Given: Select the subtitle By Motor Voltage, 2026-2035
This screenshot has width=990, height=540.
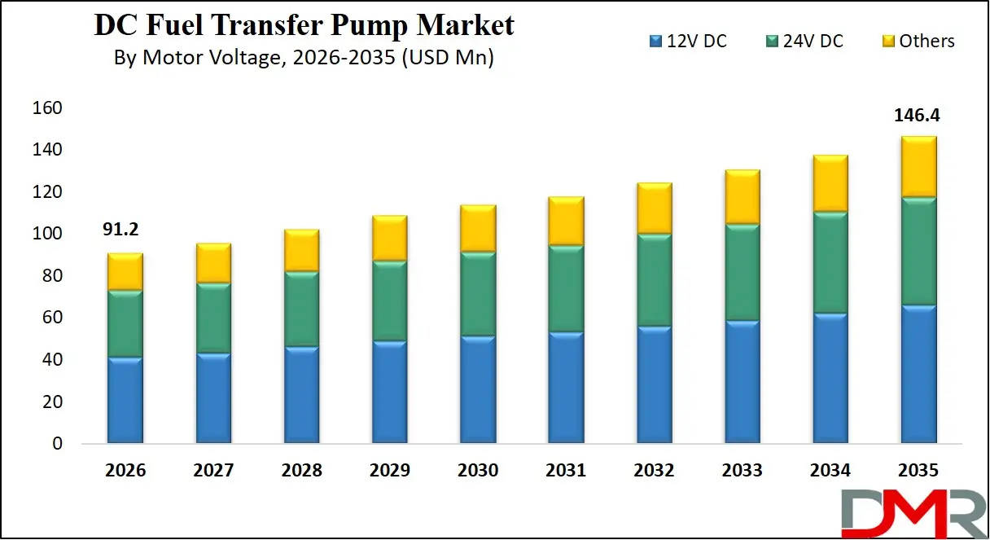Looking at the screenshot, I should tap(304, 58).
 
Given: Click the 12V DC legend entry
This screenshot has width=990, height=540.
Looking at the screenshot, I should tap(688, 41).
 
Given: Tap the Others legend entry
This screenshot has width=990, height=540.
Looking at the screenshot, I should tap(918, 41).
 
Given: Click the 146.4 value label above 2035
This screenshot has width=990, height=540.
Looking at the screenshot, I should tap(917, 116).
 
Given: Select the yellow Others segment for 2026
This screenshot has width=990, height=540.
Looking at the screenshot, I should tap(125, 271).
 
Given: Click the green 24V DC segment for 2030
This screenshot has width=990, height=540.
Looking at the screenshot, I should tap(478, 294).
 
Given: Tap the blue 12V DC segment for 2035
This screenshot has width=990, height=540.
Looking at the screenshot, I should tap(918, 374).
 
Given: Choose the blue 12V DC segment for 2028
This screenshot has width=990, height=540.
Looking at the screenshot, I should tap(301, 395).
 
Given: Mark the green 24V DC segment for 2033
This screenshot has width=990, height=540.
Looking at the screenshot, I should tap(742, 273).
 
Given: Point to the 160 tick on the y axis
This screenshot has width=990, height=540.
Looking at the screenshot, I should tap(46, 108).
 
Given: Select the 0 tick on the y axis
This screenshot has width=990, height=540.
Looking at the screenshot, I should tap(57, 444).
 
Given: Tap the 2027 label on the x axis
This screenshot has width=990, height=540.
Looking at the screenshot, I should tap(213, 471).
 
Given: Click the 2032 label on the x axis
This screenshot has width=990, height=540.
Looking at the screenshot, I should tap(654, 471).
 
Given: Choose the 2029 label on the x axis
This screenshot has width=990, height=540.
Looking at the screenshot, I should tap(389, 471).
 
